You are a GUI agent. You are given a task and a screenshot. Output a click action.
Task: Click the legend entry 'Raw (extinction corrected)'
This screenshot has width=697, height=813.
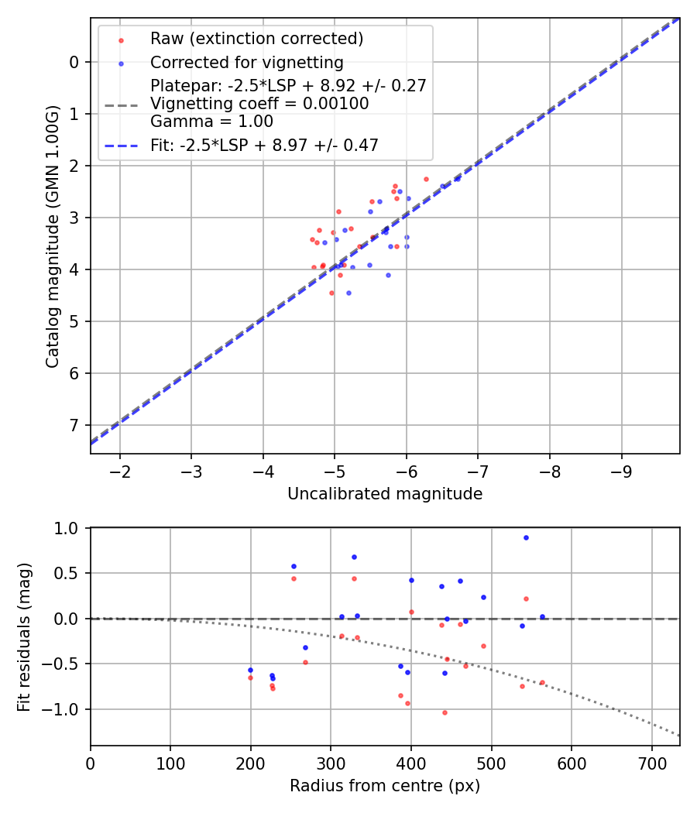(256, 39)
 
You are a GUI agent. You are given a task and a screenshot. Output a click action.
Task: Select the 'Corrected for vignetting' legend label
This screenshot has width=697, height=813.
(246, 62)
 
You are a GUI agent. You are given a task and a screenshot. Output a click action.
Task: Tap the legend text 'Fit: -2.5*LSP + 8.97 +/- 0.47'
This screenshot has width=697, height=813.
(264, 145)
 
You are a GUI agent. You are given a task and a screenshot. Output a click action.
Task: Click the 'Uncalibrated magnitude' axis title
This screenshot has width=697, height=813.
(385, 494)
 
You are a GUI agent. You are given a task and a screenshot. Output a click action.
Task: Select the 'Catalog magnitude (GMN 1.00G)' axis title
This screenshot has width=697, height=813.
(53, 235)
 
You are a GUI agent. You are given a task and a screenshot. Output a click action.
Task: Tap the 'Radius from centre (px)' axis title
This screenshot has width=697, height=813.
(385, 786)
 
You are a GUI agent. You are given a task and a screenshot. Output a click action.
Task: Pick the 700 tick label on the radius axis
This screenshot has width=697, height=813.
(651, 763)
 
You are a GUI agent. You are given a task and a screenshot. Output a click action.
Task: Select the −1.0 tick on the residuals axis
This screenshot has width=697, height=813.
(65, 709)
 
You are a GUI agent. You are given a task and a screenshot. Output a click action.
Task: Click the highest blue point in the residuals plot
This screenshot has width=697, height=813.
(526, 537)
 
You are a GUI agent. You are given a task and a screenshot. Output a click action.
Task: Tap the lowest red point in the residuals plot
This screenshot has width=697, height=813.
(445, 712)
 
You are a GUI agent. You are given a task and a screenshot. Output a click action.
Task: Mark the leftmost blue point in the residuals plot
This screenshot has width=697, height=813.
(250, 670)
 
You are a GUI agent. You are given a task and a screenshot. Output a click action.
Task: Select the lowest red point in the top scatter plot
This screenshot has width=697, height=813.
(331, 293)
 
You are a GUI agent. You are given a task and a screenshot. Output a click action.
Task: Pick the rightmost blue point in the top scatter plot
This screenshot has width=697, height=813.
(458, 178)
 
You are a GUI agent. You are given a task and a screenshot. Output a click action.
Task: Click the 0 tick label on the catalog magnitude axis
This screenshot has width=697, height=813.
(75, 62)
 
